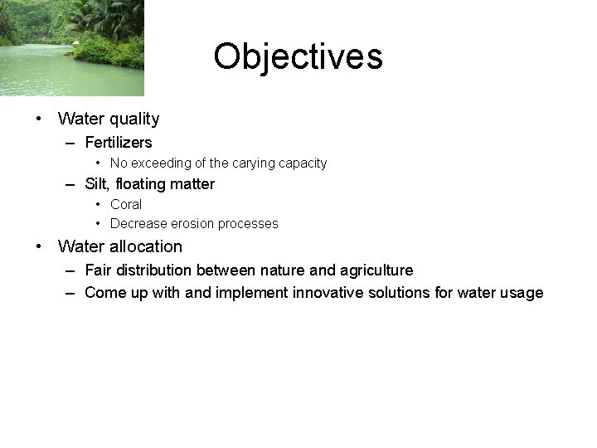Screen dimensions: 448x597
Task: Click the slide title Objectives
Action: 298,56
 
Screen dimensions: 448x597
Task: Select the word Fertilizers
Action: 119,143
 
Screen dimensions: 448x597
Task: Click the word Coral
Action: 126,204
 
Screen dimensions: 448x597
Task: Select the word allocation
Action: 143,246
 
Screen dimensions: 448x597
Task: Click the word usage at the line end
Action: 520,292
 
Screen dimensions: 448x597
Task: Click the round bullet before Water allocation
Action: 39,246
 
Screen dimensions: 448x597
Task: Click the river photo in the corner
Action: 71,47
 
